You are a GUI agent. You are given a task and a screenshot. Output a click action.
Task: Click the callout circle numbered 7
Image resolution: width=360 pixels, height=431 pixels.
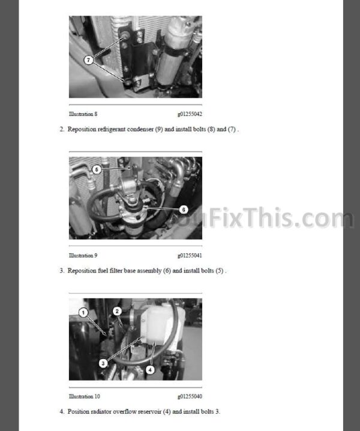tap(88, 60)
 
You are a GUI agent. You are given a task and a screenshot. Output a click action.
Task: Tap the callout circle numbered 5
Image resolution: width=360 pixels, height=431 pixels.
tap(97, 169)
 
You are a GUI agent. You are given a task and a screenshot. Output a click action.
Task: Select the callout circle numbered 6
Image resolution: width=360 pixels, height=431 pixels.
tap(184, 209)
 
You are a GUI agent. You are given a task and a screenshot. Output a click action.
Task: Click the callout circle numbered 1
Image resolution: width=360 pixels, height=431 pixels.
tap(83, 313)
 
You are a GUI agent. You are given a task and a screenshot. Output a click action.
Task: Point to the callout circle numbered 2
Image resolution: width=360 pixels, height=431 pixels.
tap(117, 311)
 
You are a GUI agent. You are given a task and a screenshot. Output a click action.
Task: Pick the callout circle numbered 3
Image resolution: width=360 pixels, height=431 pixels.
tap(103, 363)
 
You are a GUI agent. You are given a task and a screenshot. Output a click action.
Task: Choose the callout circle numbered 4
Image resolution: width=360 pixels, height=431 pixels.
tap(150, 370)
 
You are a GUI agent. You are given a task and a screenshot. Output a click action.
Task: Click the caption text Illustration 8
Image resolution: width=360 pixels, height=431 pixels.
tap(83, 114)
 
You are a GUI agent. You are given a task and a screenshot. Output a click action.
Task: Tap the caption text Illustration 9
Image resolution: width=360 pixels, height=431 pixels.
tap(83, 255)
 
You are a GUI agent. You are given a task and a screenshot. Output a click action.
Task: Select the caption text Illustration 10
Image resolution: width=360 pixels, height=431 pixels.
tap(85, 396)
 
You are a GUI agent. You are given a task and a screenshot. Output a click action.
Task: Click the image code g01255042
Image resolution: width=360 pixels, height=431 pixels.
tap(190, 114)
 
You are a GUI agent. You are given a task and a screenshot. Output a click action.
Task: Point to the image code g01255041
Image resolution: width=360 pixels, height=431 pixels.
tap(190, 255)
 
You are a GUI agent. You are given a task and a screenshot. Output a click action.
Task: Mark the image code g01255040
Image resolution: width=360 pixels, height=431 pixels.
tap(190, 396)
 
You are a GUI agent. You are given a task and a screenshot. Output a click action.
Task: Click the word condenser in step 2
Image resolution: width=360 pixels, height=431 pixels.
tap(140, 129)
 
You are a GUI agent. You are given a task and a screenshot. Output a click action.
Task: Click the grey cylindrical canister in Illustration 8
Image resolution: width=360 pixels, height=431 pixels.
tap(173, 52)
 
